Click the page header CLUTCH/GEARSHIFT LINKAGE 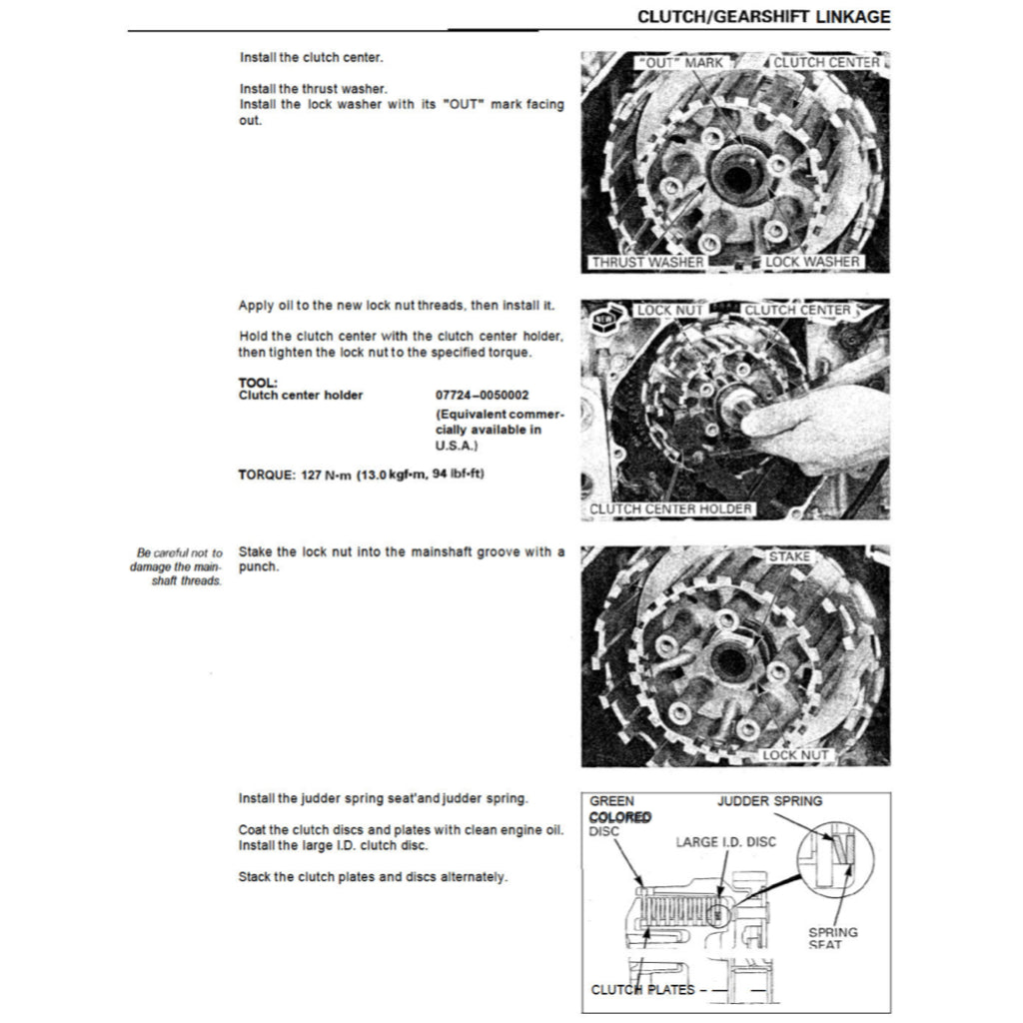coord(763,18)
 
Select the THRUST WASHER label coord(646,263)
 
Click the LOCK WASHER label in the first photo coord(811,263)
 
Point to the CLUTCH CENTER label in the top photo coord(826,63)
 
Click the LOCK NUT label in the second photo coord(669,311)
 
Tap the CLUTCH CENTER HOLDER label coord(670,510)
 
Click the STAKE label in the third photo coord(789,555)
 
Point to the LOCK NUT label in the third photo coord(795,755)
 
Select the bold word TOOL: coord(258,383)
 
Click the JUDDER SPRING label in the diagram coord(769,801)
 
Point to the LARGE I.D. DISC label coord(724,842)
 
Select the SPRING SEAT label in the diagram coord(832,938)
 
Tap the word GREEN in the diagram coord(611,801)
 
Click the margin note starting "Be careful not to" coord(179,566)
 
